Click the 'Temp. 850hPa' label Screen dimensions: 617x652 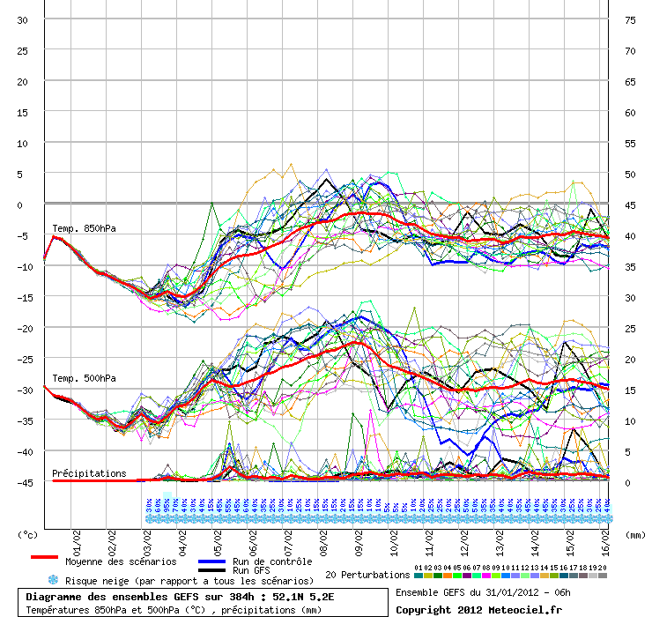pyautogui.click(x=84, y=228)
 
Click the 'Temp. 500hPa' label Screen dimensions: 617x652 pyautogui.click(x=84, y=378)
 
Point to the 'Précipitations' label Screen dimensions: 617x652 pyautogui.click(x=89, y=473)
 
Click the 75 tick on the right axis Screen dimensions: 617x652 pyautogui.click(x=629, y=19)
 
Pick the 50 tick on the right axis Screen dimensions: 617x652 pyautogui.click(x=629, y=174)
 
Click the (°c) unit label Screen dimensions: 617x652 pyautogui.click(x=28, y=534)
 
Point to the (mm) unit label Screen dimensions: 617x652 pyautogui.click(x=633, y=534)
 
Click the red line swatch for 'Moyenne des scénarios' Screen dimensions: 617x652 pyautogui.click(x=44, y=557)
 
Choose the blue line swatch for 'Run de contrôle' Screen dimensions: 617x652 pyautogui.click(x=211, y=561)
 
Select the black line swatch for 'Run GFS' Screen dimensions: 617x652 pyautogui.click(x=211, y=570)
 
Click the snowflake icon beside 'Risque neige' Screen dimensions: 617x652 pyautogui.click(x=52, y=580)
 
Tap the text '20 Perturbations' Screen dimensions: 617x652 pyautogui.click(x=367, y=575)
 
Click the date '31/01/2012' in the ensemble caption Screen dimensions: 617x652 pyautogui.click(x=500, y=591)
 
